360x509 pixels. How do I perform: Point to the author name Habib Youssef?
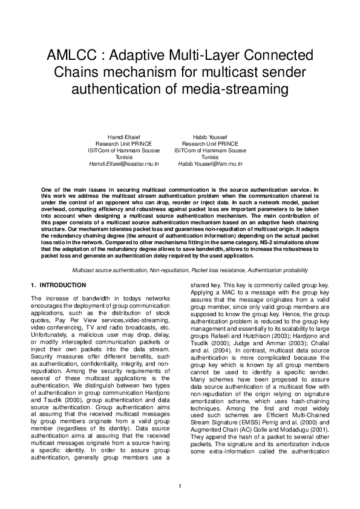click(x=210, y=136)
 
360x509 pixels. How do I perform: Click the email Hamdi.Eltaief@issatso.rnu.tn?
click(x=123, y=164)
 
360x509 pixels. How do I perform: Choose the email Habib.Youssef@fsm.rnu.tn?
click(x=210, y=164)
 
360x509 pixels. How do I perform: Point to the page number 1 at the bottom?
click(x=180, y=487)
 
